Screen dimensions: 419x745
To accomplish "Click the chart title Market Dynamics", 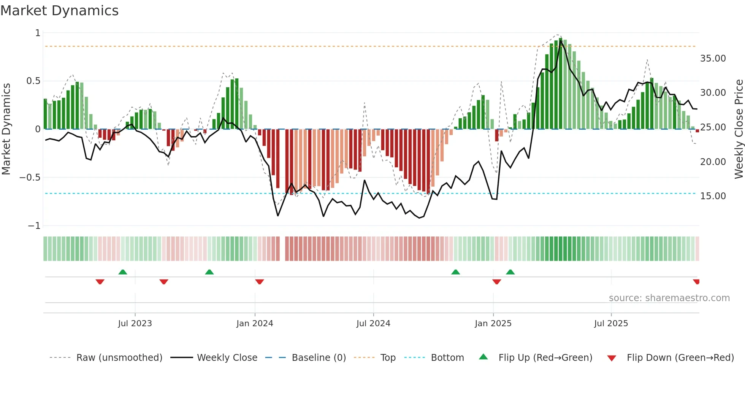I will (59, 11).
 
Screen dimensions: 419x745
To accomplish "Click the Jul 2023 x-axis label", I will (135, 324).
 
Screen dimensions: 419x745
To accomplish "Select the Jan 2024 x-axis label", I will (255, 324).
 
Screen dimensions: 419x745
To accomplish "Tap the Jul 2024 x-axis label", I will (373, 324).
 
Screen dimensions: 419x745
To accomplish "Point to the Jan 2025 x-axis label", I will (493, 324).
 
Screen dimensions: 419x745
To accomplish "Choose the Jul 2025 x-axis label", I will (611, 324).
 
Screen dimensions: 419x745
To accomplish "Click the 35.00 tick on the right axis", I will (713, 59).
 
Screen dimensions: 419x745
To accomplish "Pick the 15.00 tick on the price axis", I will (713, 196).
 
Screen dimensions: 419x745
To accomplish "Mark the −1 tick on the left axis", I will (34, 226).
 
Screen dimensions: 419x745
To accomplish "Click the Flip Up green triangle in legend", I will (483, 357).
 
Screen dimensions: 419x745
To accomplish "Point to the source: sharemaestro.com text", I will (669, 298).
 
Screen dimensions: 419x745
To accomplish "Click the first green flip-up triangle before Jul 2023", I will (123, 272).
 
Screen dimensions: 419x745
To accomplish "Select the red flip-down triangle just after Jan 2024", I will (260, 282).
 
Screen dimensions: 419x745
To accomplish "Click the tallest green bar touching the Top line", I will (561, 84).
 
